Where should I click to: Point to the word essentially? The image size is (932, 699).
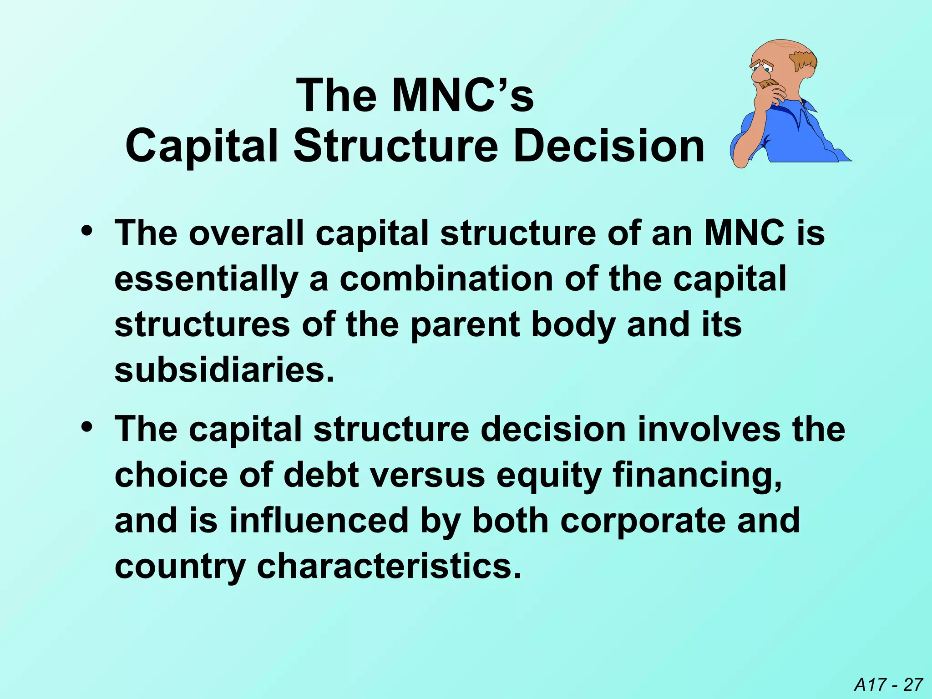point(206,279)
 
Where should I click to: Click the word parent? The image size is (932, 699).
point(465,325)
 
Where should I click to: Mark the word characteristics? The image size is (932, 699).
point(389,566)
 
